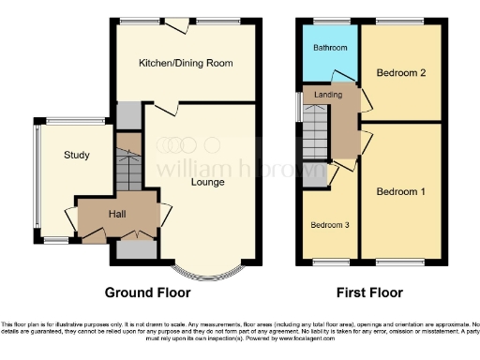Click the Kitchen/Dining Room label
185,63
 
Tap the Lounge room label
208,181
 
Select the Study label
77,155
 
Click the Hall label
116,215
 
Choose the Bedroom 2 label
401,72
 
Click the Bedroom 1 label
401,191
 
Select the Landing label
328,95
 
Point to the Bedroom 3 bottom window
328,260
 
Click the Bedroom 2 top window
401,19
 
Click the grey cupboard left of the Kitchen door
127,113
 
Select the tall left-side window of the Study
37,180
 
